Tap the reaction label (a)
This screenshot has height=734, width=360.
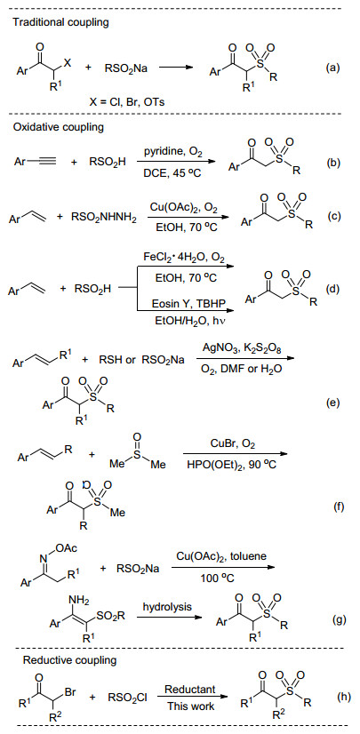(332, 68)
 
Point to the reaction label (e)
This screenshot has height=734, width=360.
(332, 403)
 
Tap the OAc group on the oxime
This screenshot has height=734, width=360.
(65, 547)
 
